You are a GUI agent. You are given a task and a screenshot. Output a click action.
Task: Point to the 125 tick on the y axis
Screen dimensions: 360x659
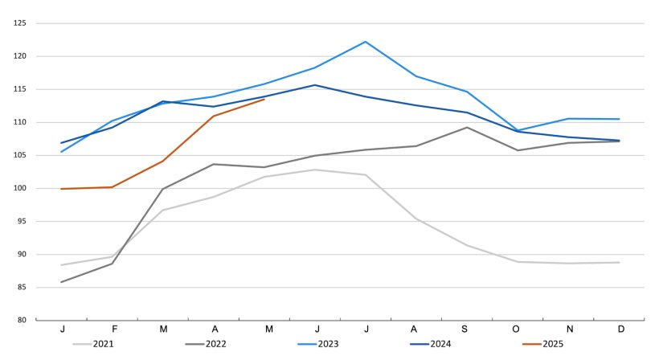[20, 23]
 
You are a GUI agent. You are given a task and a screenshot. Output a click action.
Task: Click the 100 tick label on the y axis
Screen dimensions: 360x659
[20, 188]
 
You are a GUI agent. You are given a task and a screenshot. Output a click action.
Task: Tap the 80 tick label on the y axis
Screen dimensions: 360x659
[23, 320]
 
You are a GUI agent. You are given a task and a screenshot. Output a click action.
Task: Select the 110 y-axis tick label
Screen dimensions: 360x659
[20, 122]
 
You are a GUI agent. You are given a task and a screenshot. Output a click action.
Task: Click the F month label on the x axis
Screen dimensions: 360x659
[113, 329]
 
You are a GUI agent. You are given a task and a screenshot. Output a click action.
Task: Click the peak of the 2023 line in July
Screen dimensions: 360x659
[366, 42]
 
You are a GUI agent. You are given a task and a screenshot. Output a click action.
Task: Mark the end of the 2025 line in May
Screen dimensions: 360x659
[264, 99]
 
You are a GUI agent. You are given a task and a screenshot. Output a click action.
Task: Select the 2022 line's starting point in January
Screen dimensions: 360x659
[62, 282]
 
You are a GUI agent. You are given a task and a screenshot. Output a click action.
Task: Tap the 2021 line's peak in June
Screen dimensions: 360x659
[315, 170]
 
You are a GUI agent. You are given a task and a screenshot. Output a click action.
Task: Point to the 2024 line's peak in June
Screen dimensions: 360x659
[315, 85]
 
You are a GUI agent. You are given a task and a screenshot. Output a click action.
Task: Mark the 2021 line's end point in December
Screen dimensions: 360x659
[620, 262]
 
